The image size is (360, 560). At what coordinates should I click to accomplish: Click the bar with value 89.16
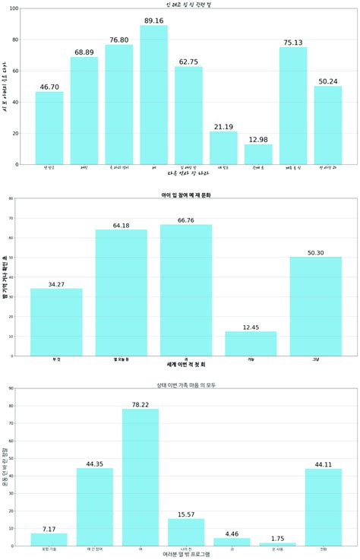pyautogui.click(x=153, y=95)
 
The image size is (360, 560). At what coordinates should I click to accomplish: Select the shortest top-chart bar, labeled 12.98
pyautogui.click(x=258, y=154)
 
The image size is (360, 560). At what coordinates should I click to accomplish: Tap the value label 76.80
pyautogui.click(x=118, y=40)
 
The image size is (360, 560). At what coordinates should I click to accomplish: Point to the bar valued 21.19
pyautogui.click(x=223, y=148)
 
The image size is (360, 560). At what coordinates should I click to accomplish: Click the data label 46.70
pyautogui.click(x=49, y=87)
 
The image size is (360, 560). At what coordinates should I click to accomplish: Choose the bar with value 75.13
pyautogui.click(x=293, y=106)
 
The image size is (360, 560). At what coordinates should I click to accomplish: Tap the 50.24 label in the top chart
pyautogui.click(x=328, y=81)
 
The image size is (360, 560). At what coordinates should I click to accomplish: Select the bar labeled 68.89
pyautogui.click(x=84, y=111)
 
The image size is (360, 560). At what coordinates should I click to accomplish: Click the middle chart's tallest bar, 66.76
pyautogui.click(x=186, y=289)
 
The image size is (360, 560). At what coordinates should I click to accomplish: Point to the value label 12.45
pyautogui.click(x=251, y=327)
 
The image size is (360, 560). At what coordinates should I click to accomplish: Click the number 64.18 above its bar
pyautogui.click(x=121, y=225)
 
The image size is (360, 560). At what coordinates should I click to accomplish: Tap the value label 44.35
pyautogui.click(x=95, y=463)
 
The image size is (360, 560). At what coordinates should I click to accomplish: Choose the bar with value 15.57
pyautogui.click(x=186, y=532)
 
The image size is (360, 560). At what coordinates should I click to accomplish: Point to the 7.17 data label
pyautogui.click(x=49, y=528)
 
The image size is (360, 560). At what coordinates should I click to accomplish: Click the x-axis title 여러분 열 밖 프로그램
pyautogui.click(x=186, y=555)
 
